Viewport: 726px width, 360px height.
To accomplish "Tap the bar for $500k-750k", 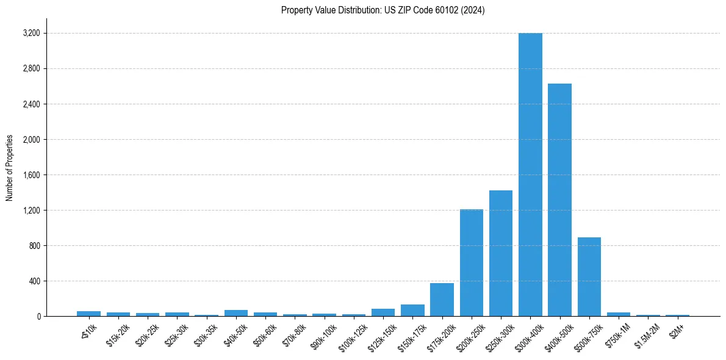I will click(x=589, y=277).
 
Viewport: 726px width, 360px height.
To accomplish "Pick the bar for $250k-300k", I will click(x=501, y=253).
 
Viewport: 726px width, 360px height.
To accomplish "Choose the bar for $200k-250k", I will click(x=471, y=263).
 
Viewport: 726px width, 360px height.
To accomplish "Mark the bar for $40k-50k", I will click(x=236, y=314).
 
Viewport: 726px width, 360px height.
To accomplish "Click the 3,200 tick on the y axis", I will click(x=31, y=33).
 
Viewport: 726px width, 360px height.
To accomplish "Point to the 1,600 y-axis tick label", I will click(x=31, y=175).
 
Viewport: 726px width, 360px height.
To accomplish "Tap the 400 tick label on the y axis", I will click(x=34, y=281).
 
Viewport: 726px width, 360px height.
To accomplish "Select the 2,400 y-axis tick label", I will click(x=31, y=104).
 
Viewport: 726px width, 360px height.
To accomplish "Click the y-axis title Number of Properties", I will click(x=10, y=167).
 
